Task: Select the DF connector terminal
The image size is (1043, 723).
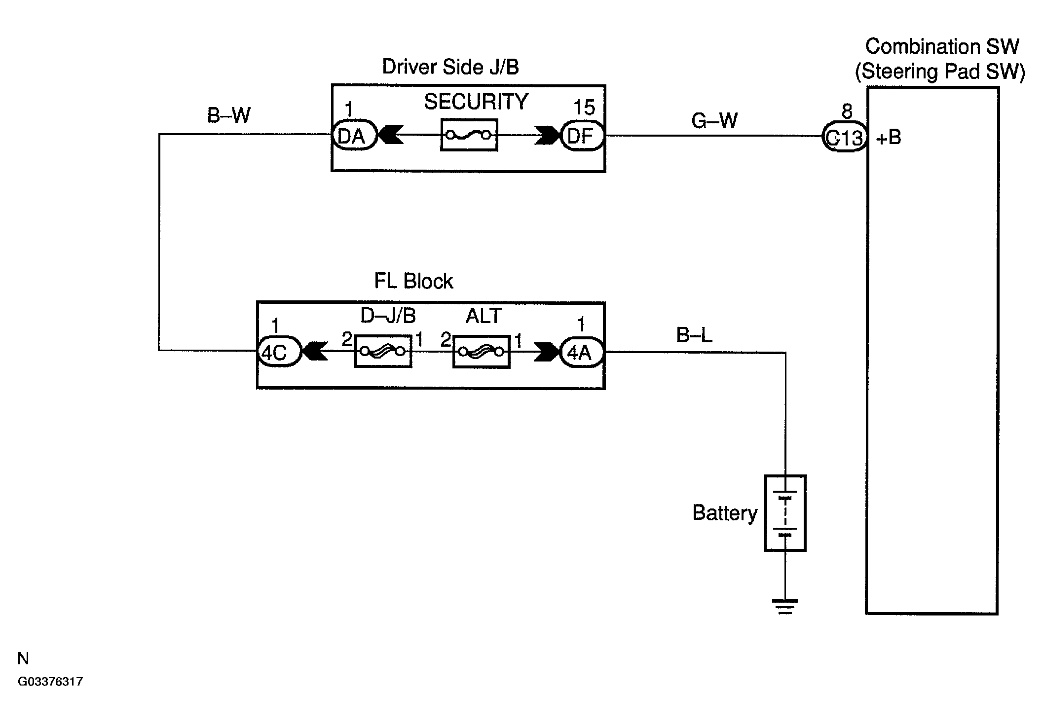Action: (x=583, y=135)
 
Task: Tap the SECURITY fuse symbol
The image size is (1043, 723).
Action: (x=469, y=135)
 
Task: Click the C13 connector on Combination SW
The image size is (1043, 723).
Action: (x=844, y=138)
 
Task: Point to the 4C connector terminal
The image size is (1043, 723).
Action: (x=279, y=351)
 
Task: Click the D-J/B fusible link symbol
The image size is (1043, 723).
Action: (x=383, y=351)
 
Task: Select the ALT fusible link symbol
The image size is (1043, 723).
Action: (x=481, y=352)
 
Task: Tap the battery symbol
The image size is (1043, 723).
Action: (x=785, y=513)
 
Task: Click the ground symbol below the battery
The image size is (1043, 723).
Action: (x=785, y=607)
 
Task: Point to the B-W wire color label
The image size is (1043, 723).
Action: (x=228, y=115)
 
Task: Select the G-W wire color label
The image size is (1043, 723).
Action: (x=714, y=120)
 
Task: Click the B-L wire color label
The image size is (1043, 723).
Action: (x=694, y=335)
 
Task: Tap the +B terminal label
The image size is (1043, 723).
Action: (x=889, y=138)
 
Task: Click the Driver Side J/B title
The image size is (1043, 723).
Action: (x=450, y=67)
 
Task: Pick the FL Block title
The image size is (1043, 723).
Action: (x=413, y=281)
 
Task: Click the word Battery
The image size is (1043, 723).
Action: (x=725, y=513)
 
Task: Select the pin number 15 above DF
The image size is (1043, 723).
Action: (x=584, y=108)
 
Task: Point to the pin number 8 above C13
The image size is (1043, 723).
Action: (x=847, y=112)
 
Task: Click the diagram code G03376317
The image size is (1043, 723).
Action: (x=50, y=682)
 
